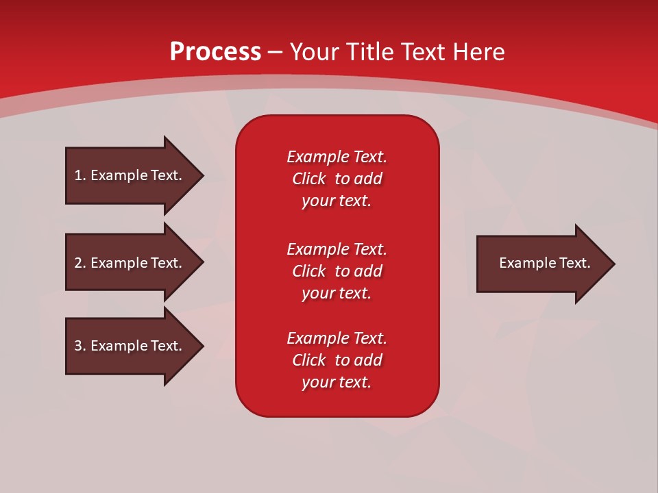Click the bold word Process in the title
(215, 51)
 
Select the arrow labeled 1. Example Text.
(130, 175)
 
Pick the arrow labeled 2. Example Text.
(130, 263)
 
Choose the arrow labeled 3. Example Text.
(130, 346)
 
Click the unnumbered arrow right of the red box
(541, 264)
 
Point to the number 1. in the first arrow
(80, 175)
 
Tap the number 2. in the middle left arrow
(80, 263)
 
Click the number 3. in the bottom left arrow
(80, 346)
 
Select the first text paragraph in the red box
(337, 179)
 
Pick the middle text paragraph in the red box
(337, 271)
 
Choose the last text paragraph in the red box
(337, 360)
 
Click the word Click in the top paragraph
(308, 179)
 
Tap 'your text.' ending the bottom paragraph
(337, 382)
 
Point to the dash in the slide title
(275, 51)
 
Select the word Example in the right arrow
(522, 263)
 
